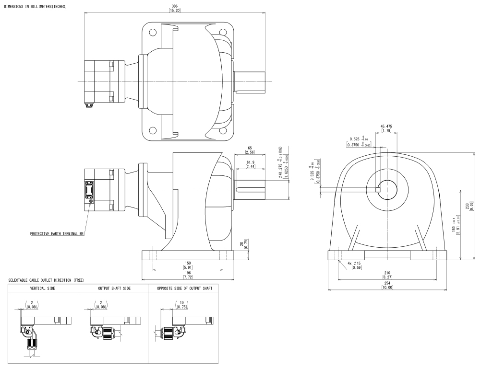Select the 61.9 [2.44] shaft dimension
click(251, 164)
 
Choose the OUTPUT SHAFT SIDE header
click(114, 288)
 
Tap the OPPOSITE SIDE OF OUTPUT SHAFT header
click(184, 288)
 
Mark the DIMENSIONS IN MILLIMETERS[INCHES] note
click(35, 6)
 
